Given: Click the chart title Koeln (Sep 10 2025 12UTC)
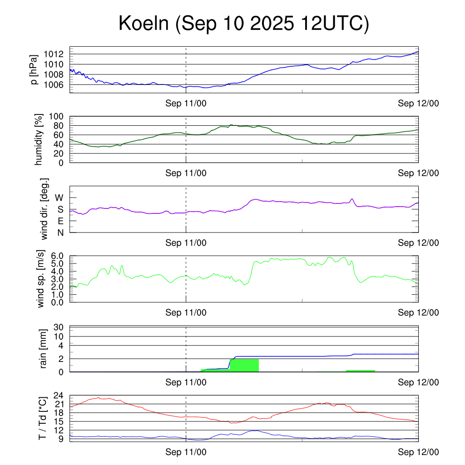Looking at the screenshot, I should (243, 24).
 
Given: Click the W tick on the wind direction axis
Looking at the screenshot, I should (59, 198).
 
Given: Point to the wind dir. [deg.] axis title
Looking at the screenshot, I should (44, 209).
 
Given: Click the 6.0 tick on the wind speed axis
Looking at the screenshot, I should (58, 256).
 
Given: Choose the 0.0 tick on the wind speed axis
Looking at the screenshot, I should (58, 302).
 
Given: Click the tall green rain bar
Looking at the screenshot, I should (244, 365).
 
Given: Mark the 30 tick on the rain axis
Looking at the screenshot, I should (60, 327).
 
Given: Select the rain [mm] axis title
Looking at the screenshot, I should (44, 349).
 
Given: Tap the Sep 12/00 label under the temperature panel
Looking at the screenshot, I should (418, 452).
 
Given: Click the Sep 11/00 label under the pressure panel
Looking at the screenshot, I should (186, 104).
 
